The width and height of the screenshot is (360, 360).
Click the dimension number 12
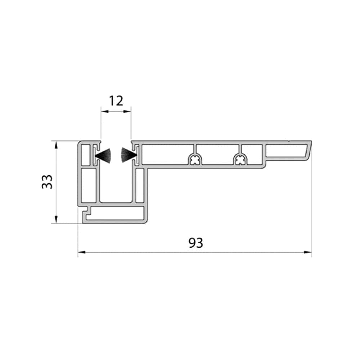[116, 101]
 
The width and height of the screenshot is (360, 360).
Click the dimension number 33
[47, 182]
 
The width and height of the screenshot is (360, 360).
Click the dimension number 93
[196, 243]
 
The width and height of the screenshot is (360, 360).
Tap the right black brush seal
[129, 155]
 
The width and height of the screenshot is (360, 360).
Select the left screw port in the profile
[195, 159]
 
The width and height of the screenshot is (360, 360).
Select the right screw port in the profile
[240, 159]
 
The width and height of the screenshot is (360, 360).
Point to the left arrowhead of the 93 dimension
[82, 252]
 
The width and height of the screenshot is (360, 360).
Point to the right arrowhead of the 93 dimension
[308, 252]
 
